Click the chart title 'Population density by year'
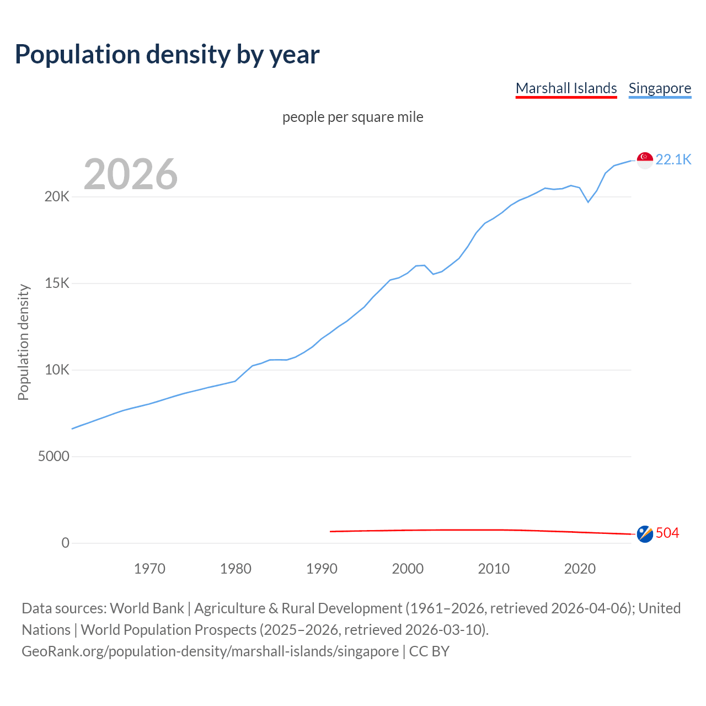(x=167, y=54)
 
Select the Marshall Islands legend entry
(x=566, y=88)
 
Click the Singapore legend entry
(x=660, y=88)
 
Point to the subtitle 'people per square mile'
(x=353, y=117)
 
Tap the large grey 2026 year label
(x=131, y=174)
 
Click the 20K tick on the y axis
(x=57, y=197)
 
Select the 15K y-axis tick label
(x=57, y=284)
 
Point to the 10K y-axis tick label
(x=57, y=370)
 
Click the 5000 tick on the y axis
(x=54, y=457)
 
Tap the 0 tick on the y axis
(x=66, y=543)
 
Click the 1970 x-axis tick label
(x=149, y=569)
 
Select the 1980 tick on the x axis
(x=236, y=569)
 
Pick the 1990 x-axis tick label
(x=322, y=569)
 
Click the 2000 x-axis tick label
(x=408, y=569)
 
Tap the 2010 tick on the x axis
(x=494, y=569)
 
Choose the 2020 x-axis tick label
(x=580, y=569)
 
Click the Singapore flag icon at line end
(x=645, y=160)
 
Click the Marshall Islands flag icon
(x=645, y=533)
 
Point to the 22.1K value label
(x=673, y=159)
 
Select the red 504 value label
(x=667, y=533)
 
